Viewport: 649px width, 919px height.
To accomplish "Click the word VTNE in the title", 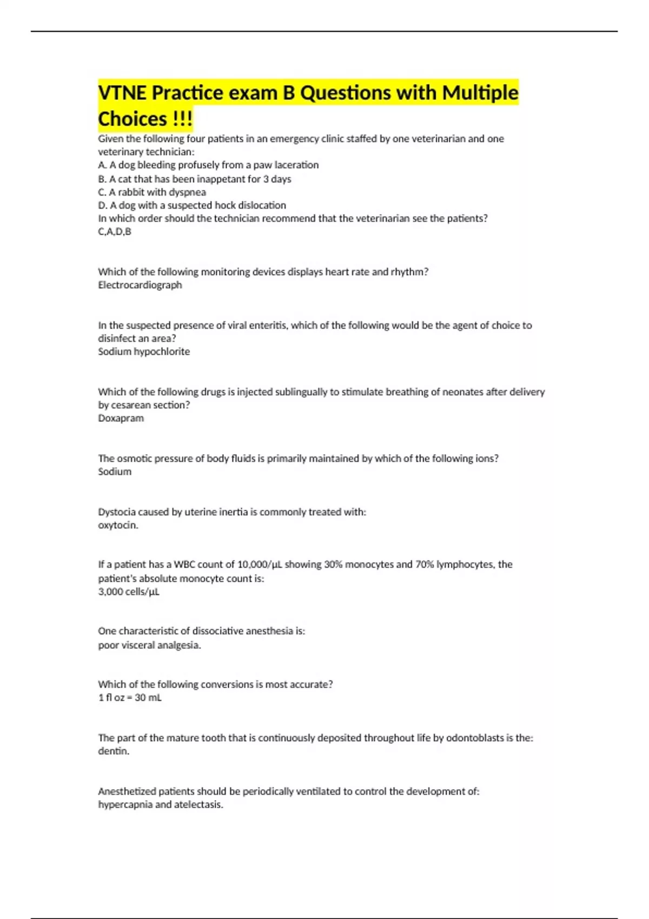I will tap(122, 93).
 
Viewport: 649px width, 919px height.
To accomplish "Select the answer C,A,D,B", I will tap(115, 232).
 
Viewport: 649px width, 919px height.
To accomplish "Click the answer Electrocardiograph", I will tap(140, 285).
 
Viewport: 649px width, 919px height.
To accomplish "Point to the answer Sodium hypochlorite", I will tap(144, 351).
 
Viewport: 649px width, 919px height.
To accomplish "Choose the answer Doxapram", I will tap(121, 418).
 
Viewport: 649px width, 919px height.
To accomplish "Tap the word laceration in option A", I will tap(297, 165).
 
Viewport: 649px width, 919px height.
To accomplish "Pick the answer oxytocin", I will tap(118, 525).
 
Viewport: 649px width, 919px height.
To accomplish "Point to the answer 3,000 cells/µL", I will tap(129, 591).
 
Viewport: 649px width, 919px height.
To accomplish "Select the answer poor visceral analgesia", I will tap(149, 645).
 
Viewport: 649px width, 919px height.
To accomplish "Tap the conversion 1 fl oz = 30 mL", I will tap(130, 697).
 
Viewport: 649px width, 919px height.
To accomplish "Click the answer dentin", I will tap(114, 751).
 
